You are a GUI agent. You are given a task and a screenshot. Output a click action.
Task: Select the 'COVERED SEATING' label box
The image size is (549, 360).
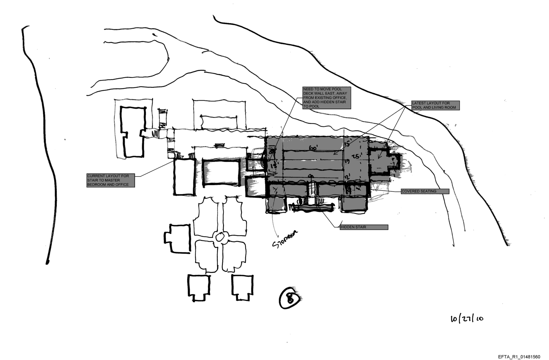[425, 191]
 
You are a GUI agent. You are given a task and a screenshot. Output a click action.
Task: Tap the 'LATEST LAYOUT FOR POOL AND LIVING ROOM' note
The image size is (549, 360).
[436, 105]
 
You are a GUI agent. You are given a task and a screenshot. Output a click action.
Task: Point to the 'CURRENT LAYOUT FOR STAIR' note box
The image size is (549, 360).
[111, 180]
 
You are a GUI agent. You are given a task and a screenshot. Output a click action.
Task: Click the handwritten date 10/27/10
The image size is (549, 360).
[467, 318]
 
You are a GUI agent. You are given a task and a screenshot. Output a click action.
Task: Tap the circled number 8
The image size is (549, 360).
[289, 298]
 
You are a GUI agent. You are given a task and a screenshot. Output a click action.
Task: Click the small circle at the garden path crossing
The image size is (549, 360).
[221, 238]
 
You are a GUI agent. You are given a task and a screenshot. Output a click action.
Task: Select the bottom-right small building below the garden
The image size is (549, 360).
[242, 286]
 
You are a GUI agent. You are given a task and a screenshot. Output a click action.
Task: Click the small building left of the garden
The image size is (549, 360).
[177, 238]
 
